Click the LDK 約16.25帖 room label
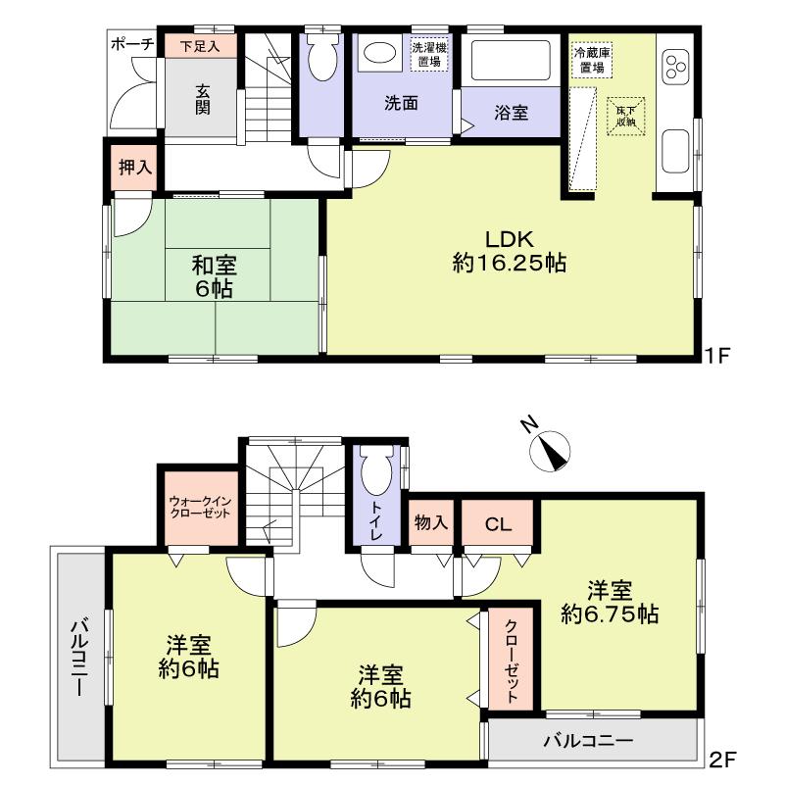point(511,250)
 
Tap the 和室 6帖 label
point(214,277)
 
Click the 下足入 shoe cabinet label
point(199,45)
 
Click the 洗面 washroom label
point(401,102)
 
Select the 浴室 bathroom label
point(511,112)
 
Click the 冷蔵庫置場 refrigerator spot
point(593,61)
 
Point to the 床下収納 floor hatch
point(625,116)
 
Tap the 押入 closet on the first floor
point(135,167)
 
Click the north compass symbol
point(550,450)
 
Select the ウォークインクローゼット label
point(202,506)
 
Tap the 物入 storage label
point(430,523)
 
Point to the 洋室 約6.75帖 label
point(609,603)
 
